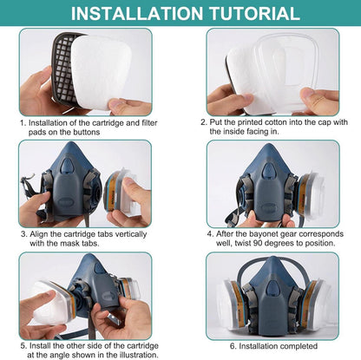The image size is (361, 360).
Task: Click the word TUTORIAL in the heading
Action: [254, 13]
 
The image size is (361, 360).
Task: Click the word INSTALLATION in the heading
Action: [137, 13]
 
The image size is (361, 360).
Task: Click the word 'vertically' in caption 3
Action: [131, 233]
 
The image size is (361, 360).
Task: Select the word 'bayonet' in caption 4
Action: [264, 233]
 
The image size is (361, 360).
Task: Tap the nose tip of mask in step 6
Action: [272, 259]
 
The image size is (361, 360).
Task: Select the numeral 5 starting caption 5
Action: [23, 346]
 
